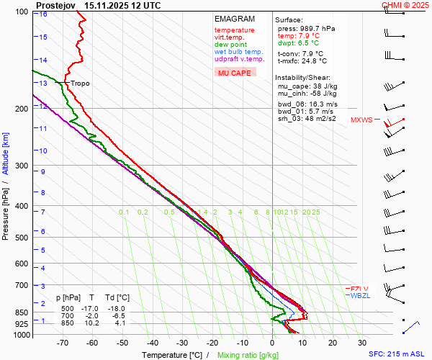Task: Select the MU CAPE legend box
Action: pyautogui.click(x=235, y=73)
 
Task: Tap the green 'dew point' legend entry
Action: pyautogui.click(x=230, y=45)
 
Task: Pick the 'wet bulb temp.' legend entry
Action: pyautogui.click(x=238, y=52)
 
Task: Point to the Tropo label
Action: pyautogui.click(x=80, y=84)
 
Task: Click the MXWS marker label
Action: pyautogui.click(x=361, y=120)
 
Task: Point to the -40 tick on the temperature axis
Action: pyautogui.click(x=152, y=343)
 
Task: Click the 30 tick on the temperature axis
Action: pyautogui.click(x=362, y=343)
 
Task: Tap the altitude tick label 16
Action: pyautogui.click(x=44, y=14)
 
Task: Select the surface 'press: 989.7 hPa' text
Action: pyautogui.click(x=306, y=28)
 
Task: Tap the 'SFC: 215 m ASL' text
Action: pyautogui.click(x=398, y=354)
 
